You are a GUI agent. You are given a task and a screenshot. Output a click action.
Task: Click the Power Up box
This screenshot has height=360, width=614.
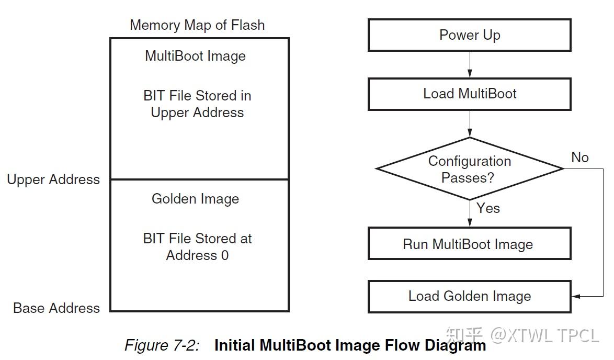tap(469, 35)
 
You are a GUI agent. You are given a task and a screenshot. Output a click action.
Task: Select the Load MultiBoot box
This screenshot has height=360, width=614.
tap(469, 94)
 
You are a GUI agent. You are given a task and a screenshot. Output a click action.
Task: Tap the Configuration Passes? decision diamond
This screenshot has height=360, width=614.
tap(469, 169)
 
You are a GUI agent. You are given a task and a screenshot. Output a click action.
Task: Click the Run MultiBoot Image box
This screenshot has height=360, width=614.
tap(469, 244)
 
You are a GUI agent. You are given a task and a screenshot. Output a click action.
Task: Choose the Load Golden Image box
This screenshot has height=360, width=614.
tap(469, 296)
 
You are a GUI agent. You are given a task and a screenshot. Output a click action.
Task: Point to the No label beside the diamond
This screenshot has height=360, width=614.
tap(579, 157)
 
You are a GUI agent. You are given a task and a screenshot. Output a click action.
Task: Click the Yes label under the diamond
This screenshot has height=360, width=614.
tap(488, 208)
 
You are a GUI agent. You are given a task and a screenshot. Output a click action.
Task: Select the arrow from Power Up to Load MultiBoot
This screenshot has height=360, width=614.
tap(470, 64)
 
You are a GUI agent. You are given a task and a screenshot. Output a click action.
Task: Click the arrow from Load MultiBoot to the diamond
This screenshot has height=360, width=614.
tap(470, 123)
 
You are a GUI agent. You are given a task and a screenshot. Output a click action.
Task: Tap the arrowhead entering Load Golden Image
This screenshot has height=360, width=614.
tap(576, 296)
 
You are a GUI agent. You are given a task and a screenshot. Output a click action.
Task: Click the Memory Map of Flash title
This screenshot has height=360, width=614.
tap(197, 25)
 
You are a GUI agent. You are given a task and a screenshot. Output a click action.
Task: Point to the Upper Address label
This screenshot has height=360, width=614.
tap(53, 179)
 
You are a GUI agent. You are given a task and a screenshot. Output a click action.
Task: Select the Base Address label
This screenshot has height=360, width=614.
tap(56, 308)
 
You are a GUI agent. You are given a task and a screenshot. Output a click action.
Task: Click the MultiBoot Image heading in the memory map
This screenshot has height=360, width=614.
tap(195, 56)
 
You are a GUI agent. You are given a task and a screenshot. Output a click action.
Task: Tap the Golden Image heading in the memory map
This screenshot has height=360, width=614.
tap(195, 199)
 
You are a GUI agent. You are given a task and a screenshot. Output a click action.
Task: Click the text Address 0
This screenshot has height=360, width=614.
tap(197, 255)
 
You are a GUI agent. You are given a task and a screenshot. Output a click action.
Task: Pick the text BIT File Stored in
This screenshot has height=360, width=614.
tap(197, 96)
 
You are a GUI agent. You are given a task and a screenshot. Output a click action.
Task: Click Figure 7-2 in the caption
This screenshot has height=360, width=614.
tap(162, 346)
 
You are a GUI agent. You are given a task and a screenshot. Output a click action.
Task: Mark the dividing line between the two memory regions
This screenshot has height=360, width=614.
tap(199, 179)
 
